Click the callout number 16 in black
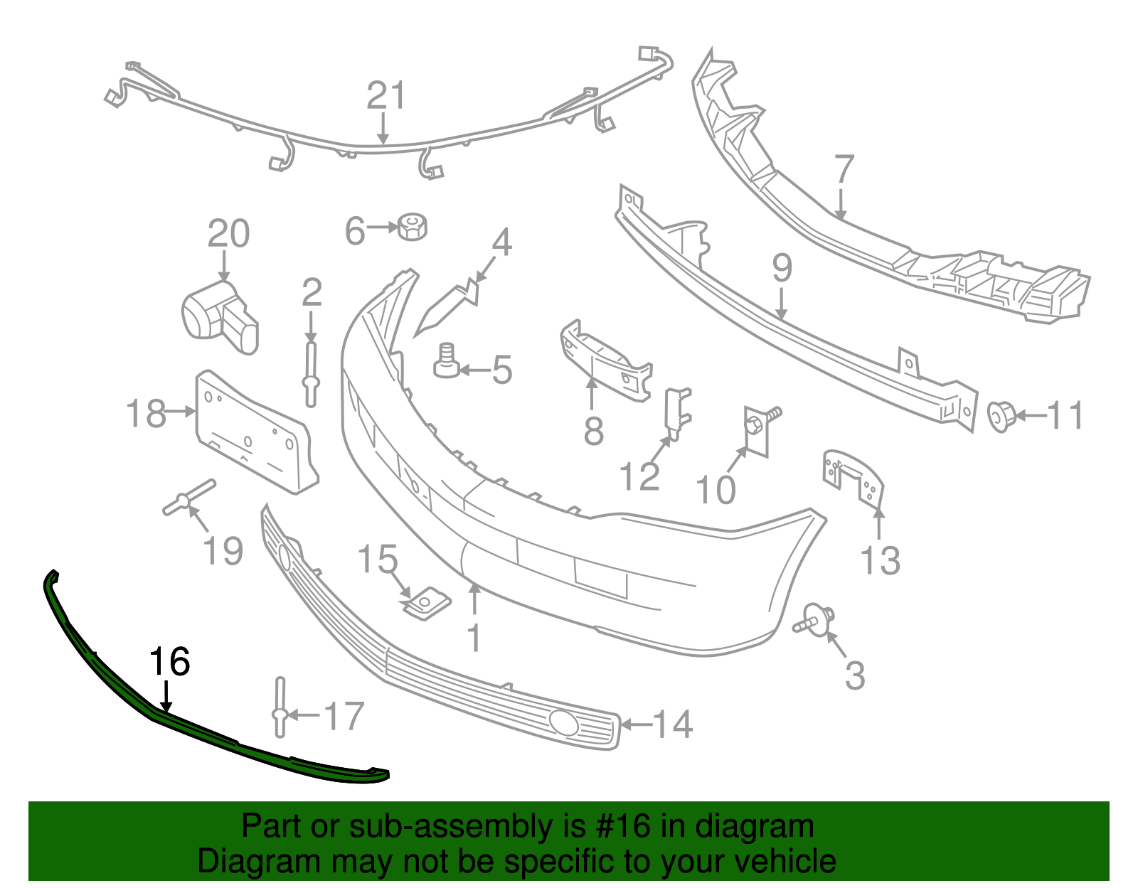(169, 662)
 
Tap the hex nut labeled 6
(412, 226)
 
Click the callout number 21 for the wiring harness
(386, 96)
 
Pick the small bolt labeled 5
(446, 362)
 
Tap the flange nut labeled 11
(1001, 416)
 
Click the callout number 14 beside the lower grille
(672, 724)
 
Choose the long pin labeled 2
(311, 373)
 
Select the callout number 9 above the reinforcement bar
(782, 268)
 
